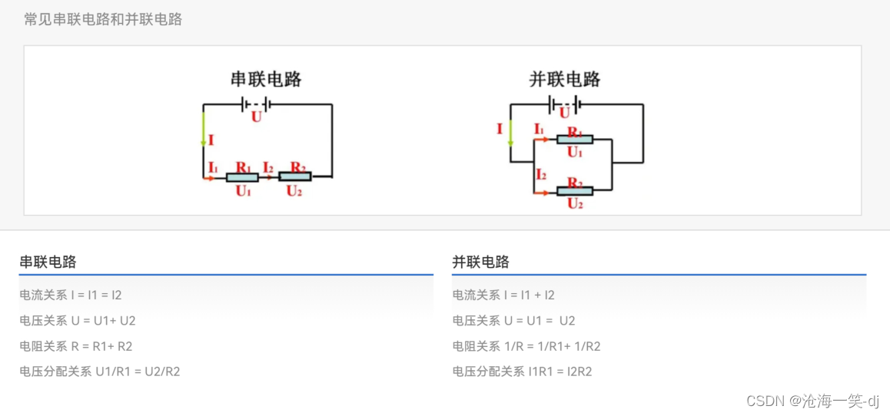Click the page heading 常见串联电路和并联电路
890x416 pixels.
[x=103, y=19]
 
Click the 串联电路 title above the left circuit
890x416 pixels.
[x=266, y=79]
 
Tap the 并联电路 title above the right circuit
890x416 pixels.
[x=565, y=79]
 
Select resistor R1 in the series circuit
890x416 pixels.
[x=242, y=177]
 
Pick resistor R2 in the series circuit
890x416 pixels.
[x=294, y=177]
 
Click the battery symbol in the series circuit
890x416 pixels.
[x=255, y=104]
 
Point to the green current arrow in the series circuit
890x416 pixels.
[x=204, y=128]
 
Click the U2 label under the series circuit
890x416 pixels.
[x=294, y=191]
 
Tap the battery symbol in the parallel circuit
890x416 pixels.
[x=563, y=104]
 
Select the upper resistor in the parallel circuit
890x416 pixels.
[x=574, y=139]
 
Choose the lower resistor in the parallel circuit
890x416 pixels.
[x=574, y=190]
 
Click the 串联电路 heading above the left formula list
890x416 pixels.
[x=48, y=262]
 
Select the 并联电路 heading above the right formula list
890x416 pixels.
[x=480, y=262]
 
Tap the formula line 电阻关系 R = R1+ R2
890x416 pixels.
[x=76, y=346]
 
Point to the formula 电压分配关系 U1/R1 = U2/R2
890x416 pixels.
[x=100, y=371]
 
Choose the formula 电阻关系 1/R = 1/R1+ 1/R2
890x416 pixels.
[x=526, y=346]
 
